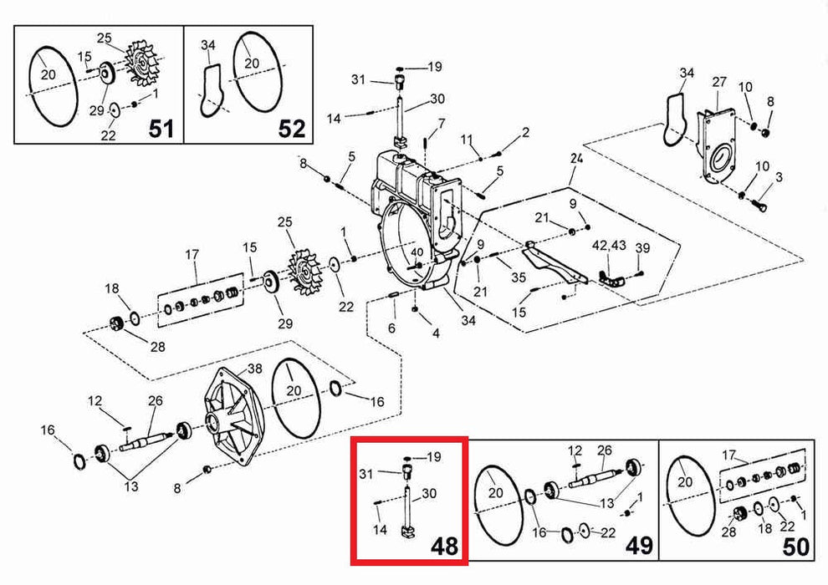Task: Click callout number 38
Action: point(255,369)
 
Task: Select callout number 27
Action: point(720,82)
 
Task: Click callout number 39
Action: point(642,247)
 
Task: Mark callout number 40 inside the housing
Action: point(417,252)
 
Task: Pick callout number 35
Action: point(519,277)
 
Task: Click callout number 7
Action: point(441,124)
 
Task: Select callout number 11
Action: point(467,138)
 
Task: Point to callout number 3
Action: point(779,177)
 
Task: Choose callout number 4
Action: point(435,334)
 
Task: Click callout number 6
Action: point(391,328)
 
